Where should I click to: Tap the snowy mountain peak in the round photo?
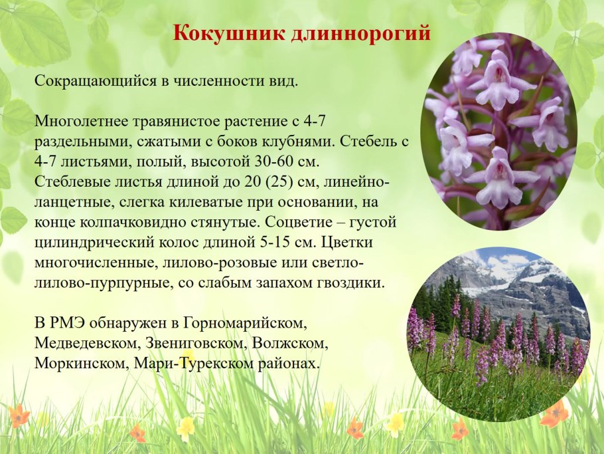coord(544,273)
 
